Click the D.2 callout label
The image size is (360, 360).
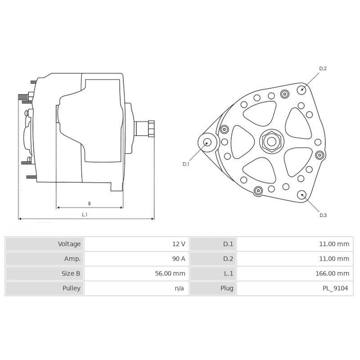coord(323,68)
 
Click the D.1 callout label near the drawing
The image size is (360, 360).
coord(186,164)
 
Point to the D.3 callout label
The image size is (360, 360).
coord(323,215)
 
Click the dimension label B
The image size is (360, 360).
coord(89,203)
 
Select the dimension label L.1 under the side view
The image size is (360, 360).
coord(85,215)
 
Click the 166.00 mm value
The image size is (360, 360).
coord(332,273)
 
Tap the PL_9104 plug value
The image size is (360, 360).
coord(335,288)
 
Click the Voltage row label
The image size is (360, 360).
coord(69,244)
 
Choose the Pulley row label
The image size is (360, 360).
coord(72,288)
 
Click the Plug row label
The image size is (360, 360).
coord(226,288)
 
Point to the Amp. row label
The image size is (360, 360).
coord(72,259)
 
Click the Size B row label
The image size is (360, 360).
coord(71,273)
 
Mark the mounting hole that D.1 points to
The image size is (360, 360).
coord(207,142)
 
